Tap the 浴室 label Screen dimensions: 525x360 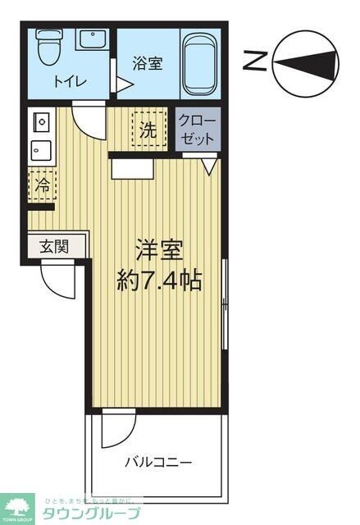(148, 63)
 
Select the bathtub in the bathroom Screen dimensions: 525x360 (202, 64)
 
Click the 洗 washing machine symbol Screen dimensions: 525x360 (148, 129)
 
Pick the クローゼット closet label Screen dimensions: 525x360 (198, 129)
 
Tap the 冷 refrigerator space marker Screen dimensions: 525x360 (40, 185)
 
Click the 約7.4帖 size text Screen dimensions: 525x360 (159, 281)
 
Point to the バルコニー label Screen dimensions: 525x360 (158, 462)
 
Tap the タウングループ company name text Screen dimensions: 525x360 (89, 514)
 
